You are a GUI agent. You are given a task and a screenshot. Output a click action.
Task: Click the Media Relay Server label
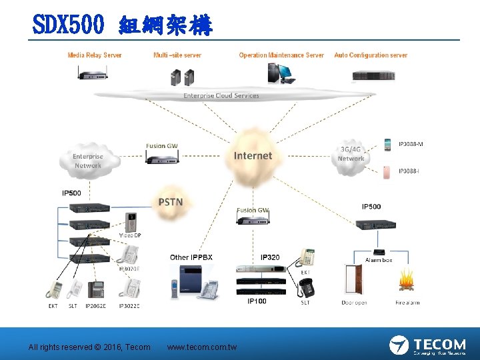click(x=95, y=55)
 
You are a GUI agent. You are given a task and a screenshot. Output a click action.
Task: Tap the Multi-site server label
click(x=177, y=55)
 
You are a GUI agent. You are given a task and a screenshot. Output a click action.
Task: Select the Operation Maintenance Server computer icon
click(x=281, y=72)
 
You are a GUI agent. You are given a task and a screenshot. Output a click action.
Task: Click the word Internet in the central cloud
click(x=253, y=156)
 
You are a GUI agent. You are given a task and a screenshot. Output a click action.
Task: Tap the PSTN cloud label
click(x=170, y=202)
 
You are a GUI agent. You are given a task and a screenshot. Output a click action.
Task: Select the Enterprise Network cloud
click(x=88, y=161)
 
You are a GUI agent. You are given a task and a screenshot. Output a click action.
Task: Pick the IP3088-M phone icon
click(x=388, y=145)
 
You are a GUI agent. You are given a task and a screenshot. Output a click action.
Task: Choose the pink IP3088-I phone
click(x=388, y=172)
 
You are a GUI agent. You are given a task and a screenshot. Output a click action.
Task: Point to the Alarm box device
click(x=378, y=251)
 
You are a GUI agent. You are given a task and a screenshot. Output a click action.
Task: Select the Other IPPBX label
click(x=191, y=257)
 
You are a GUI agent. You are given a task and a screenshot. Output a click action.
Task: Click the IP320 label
click(x=270, y=257)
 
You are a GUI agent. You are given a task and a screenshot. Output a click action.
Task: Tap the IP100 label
click(x=257, y=301)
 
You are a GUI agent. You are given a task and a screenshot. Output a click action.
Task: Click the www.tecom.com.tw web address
click(x=201, y=347)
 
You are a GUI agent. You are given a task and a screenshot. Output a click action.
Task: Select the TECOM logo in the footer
click(x=427, y=345)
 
